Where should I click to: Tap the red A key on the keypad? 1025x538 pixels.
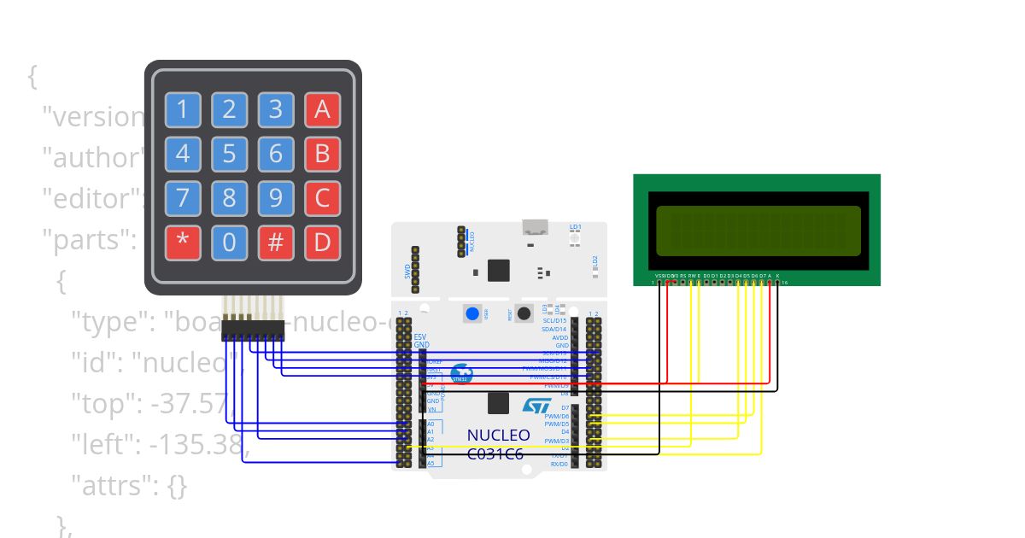click(x=322, y=109)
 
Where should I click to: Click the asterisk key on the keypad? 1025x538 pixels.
click(x=183, y=243)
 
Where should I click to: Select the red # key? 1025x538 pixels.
click(x=275, y=243)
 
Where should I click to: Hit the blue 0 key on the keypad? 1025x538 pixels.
click(x=229, y=243)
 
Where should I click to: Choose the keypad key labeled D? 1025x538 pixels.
click(x=322, y=243)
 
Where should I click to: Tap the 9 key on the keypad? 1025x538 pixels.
click(x=275, y=198)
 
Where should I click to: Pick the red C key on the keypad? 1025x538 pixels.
click(x=322, y=198)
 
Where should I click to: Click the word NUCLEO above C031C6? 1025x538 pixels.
click(x=498, y=436)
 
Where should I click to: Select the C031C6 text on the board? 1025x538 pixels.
click(x=495, y=453)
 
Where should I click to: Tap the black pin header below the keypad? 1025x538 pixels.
click(x=253, y=329)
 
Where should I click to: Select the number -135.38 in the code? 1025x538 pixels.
click(x=196, y=446)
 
